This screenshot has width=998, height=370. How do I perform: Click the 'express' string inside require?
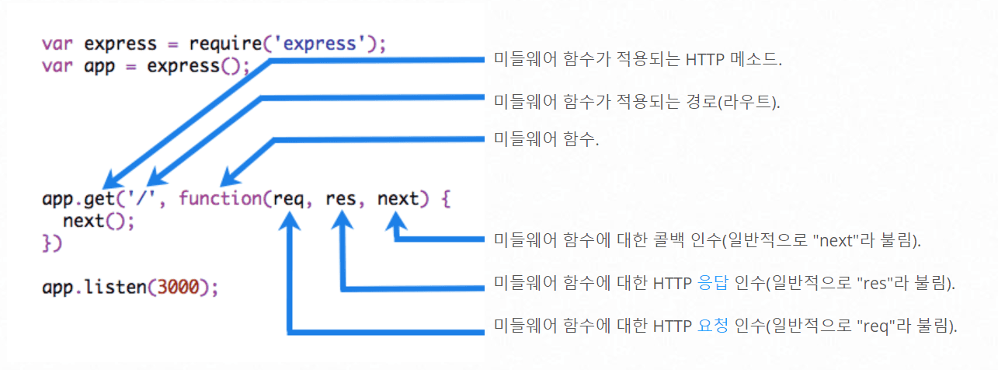322,43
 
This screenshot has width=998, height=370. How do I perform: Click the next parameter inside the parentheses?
398,198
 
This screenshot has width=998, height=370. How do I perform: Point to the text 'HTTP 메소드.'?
734,60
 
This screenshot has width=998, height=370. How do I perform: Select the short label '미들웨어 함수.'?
547,141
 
